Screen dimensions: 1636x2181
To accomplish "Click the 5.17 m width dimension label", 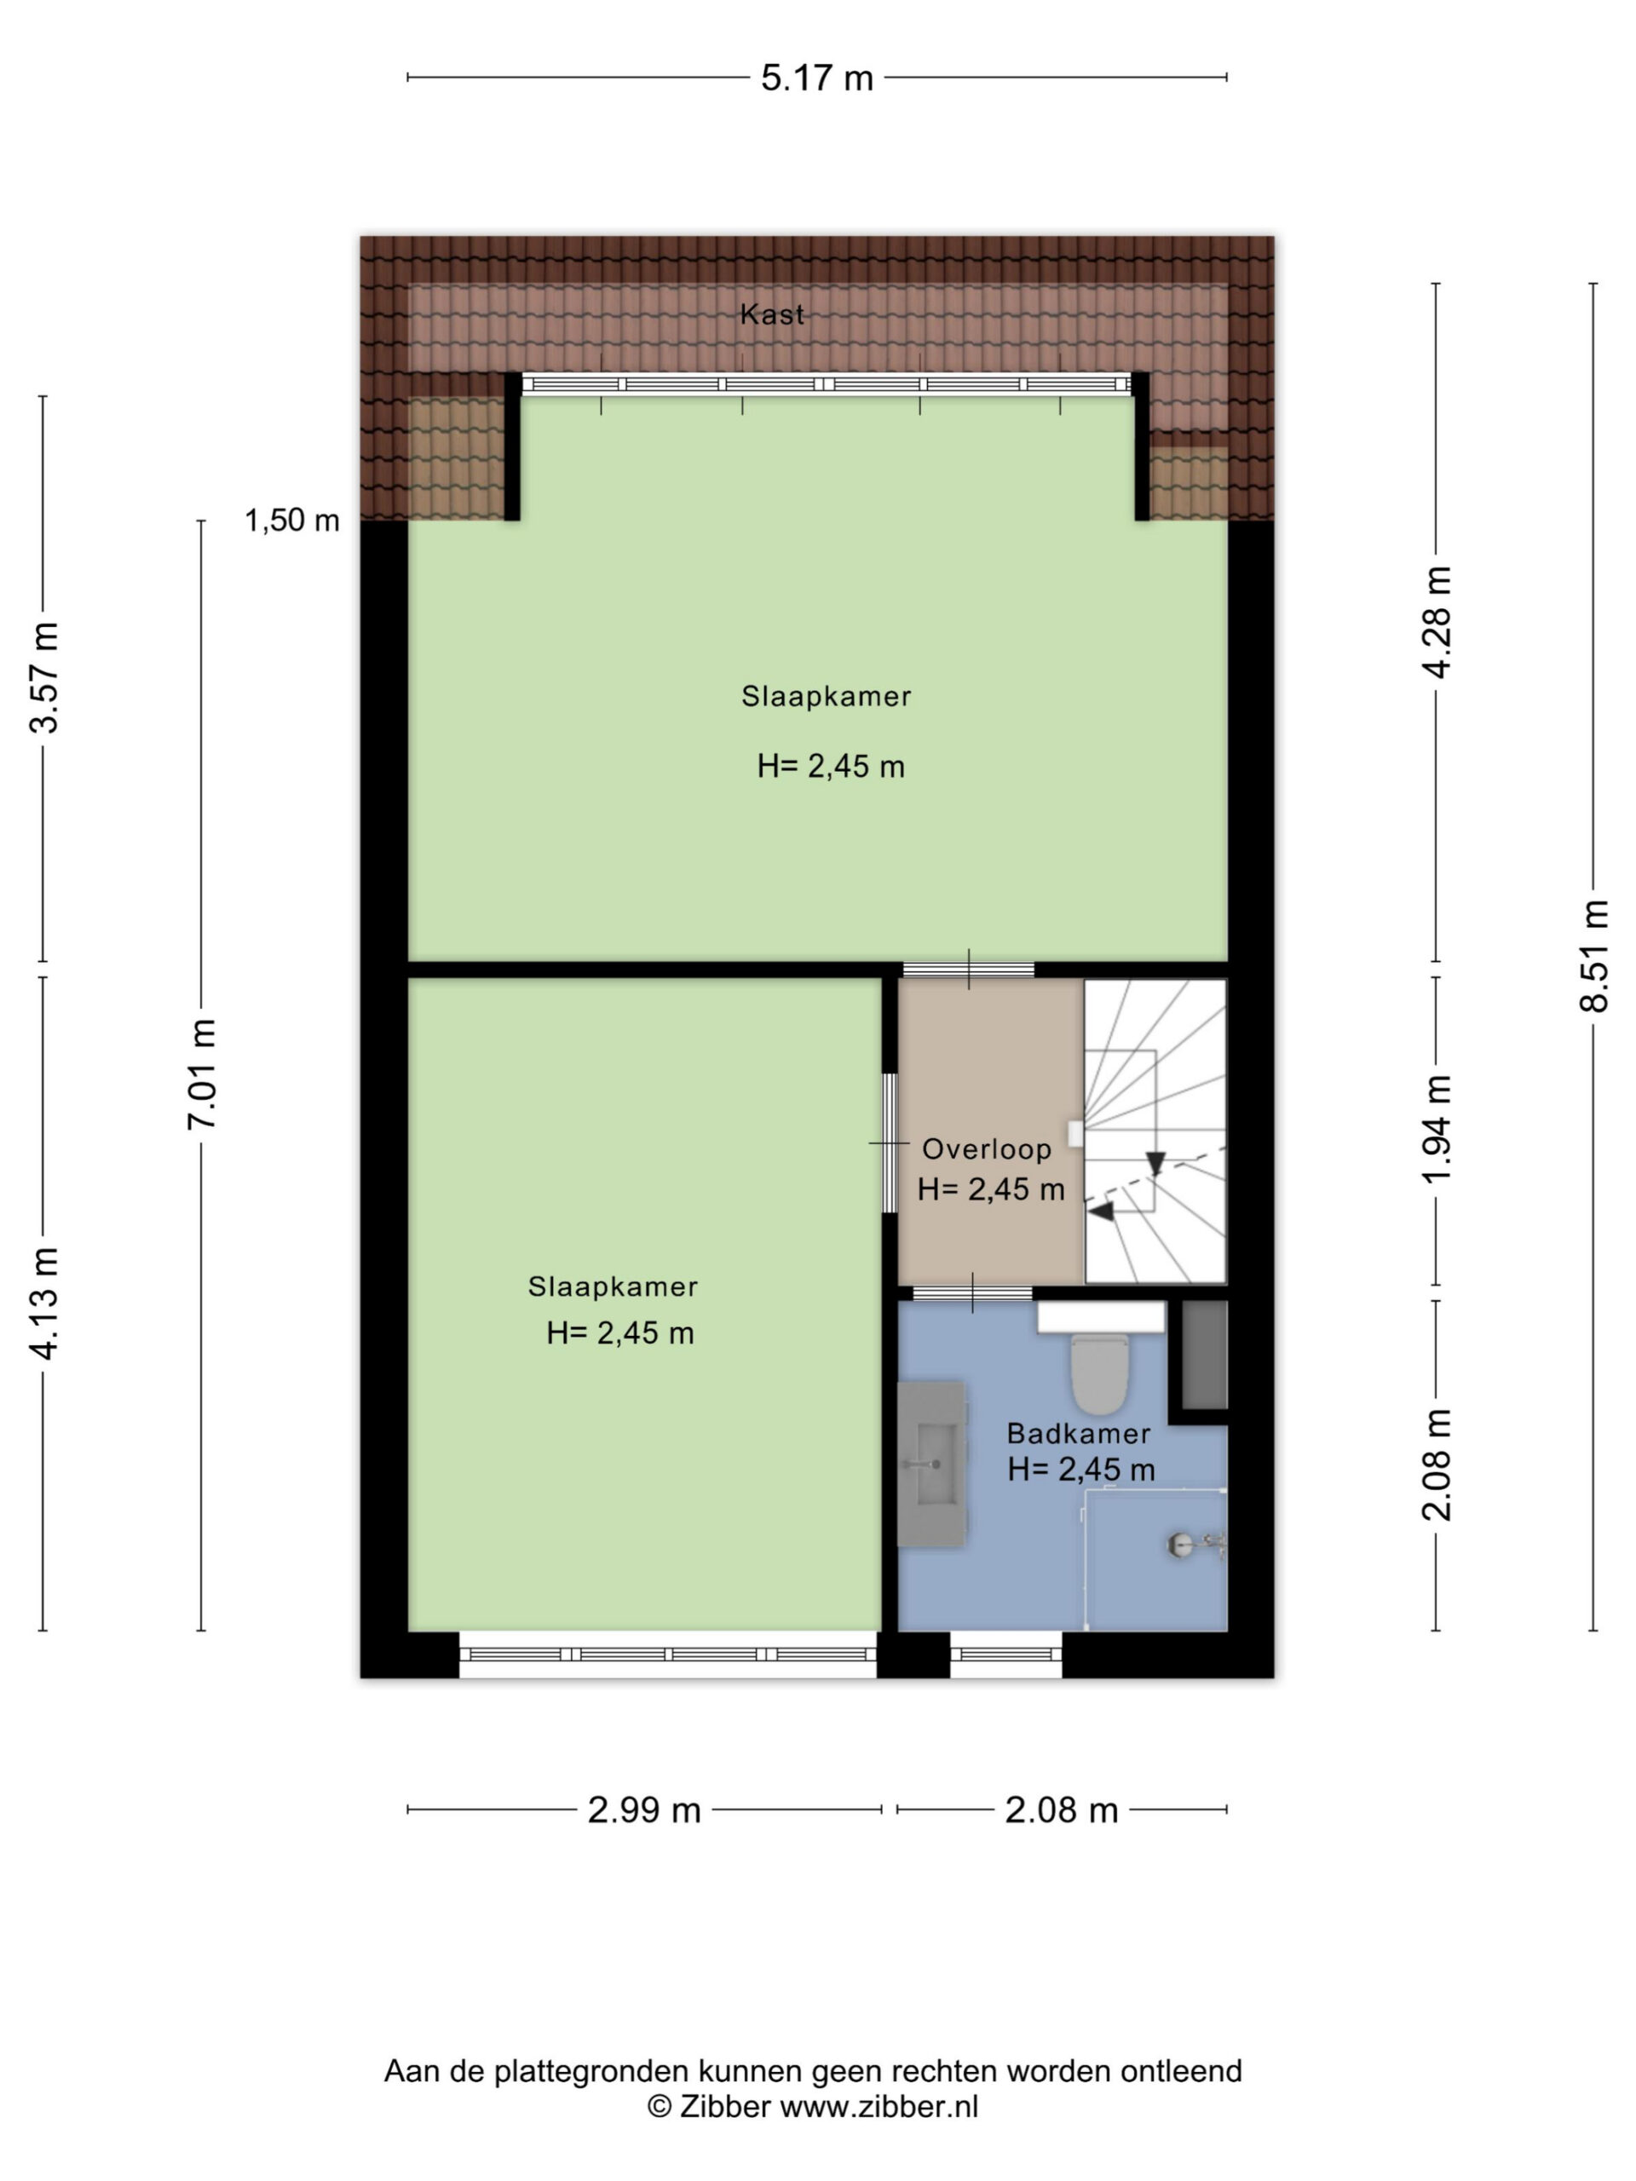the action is [x=816, y=78].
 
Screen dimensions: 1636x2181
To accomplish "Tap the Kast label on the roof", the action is [x=772, y=314].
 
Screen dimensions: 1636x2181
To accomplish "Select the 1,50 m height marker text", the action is [x=292, y=520].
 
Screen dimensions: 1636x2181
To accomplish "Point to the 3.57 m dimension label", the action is [x=45, y=677].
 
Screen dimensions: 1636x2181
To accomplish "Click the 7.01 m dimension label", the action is [x=202, y=1073].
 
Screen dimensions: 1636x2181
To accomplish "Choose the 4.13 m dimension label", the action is [x=45, y=1303].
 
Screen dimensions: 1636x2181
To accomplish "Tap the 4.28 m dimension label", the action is [x=1437, y=622].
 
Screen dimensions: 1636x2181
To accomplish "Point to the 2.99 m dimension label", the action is [x=644, y=1810].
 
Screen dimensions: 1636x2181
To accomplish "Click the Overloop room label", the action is [x=986, y=1148].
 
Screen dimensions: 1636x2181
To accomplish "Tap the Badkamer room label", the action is [x=1078, y=1434].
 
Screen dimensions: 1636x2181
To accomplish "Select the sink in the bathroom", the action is [x=931, y=1465].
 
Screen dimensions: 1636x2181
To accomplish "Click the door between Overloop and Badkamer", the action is [x=972, y=1292].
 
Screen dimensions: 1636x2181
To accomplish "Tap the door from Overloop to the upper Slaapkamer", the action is [x=968, y=970].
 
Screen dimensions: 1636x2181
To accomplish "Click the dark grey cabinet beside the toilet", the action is [x=1204, y=1355].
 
